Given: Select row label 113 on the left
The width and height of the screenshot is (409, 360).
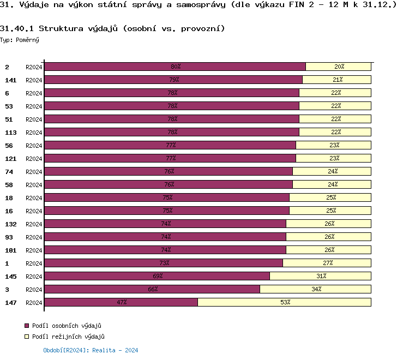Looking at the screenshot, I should (10, 132).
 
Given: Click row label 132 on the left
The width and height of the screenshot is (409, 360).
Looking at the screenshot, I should (10, 224).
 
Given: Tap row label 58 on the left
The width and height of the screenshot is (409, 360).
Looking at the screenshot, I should (9, 184).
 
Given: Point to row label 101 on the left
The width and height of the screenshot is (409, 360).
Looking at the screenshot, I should (10, 250).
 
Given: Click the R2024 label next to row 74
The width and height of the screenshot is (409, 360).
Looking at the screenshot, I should (34, 171).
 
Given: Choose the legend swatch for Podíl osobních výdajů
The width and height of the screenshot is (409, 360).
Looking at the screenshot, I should (26, 326).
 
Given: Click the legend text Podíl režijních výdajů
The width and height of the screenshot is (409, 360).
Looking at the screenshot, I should (68, 337).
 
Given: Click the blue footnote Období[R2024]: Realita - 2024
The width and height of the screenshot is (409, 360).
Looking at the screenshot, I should (91, 350).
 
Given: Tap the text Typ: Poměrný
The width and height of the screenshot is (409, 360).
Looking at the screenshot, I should (20, 40).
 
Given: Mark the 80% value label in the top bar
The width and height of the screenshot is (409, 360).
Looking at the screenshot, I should (176, 67).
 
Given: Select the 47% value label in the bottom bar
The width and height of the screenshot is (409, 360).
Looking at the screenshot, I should (122, 302).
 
